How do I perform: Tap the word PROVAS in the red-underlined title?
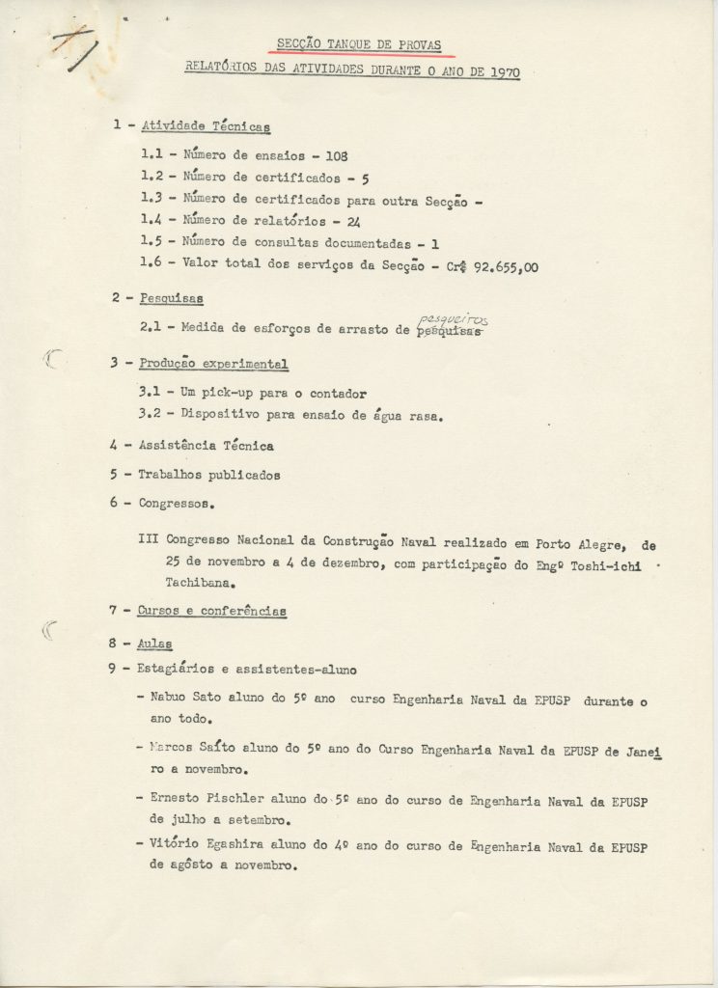pos(419,42)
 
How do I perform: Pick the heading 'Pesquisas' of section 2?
pos(171,298)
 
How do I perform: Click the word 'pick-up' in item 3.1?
pos(226,393)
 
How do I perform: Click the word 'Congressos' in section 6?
pos(174,503)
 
